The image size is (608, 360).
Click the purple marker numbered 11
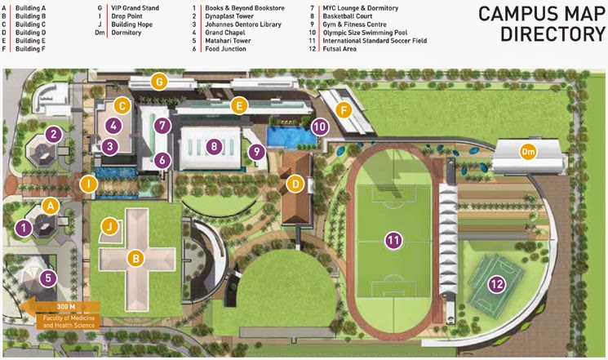(x=394, y=240)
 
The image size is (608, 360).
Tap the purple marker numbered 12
(x=496, y=284)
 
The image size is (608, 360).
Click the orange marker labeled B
(x=135, y=258)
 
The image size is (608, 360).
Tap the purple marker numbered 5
(x=49, y=278)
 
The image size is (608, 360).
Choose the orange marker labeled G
(x=159, y=82)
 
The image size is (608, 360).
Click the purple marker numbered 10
(x=319, y=127)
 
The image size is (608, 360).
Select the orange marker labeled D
(x=296, y=185)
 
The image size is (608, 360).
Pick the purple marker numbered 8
(x=214, y=147)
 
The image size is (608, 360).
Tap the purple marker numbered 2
(x=55, y=134)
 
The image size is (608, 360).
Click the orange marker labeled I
(x=89, y=184)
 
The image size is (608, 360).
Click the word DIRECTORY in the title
(x=548, y=33)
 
